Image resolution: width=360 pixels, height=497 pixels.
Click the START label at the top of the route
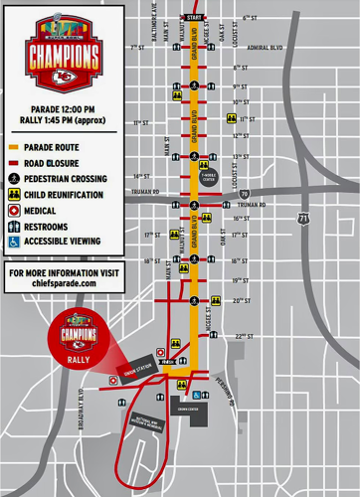[193, 18]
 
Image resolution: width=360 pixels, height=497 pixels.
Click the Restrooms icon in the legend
[14, 226]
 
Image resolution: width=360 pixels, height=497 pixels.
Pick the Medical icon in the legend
[14, 211]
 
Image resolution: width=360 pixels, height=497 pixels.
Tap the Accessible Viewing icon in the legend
[14, 241]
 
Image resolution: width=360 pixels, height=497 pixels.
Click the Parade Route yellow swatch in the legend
[14, 148]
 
